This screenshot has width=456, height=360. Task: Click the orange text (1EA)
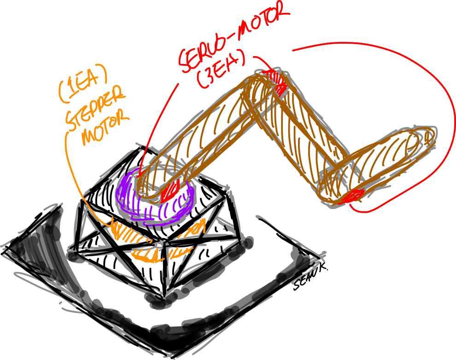click(x=83, y=83)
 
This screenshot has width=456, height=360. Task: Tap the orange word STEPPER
click(x=96, y=109)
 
